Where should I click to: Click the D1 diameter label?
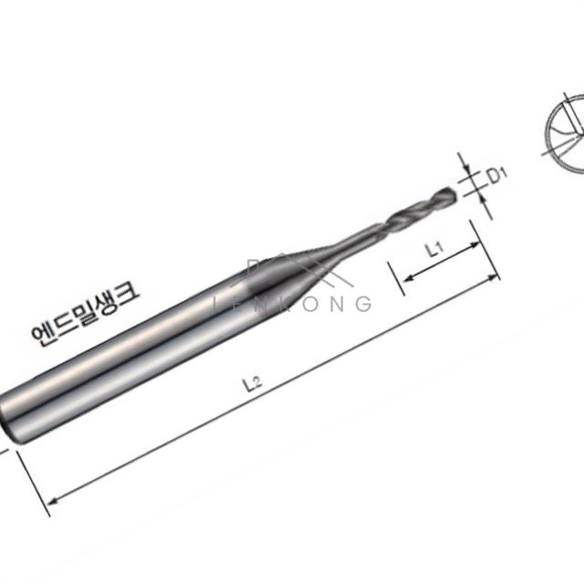pos(497,175)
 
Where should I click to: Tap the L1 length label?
pos(434,249)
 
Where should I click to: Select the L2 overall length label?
pos(253,383)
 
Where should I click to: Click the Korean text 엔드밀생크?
pos(85,314)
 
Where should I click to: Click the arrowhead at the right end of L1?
pos(475,245)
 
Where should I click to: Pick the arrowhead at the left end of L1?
pos(409,277)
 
